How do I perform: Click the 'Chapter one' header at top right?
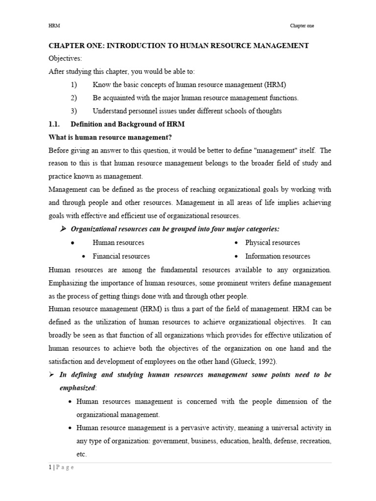tap(302, 26)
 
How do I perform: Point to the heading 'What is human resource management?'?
tap(110, 137)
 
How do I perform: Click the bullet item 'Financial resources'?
tap(121, 256)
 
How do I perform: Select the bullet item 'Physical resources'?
tap(272, 243)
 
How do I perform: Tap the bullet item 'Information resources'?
tap(278, 256)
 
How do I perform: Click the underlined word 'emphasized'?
tap(78, 388)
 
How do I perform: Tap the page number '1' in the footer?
tap(50, 467)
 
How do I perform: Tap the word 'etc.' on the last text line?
tap(82, 454)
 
